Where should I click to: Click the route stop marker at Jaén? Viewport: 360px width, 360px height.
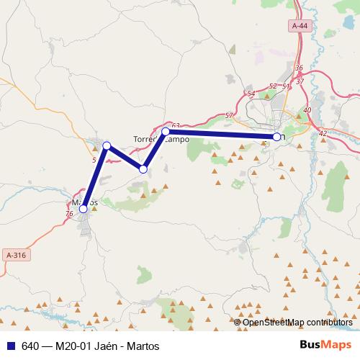(x=276, y=137)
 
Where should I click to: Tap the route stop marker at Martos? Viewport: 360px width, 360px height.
(x=84, y=208)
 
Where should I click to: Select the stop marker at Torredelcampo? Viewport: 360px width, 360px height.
(x=166, y=131)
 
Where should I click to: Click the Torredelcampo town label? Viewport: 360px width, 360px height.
(x=161, y=139)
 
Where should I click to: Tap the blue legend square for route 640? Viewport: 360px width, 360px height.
(x=9, y=345)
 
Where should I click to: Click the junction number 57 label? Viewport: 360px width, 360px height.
(x=229, y=116)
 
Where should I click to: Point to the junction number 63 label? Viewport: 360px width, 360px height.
(x=176, y=125)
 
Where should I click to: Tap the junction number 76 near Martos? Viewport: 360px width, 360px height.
(x=69, y=214)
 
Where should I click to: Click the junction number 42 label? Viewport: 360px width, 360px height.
(x=322, y=133)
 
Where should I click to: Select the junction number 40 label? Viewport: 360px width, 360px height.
(x=307, y=109)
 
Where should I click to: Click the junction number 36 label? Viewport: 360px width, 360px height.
(x=299, y=68)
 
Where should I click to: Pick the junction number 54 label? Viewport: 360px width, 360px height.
(x=251, y=94)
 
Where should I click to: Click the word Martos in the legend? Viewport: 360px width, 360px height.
(x=143, y=346)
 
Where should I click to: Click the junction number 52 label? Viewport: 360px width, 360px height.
(x=272, y=86)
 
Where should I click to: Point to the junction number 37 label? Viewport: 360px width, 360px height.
(x=300, y=81)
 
